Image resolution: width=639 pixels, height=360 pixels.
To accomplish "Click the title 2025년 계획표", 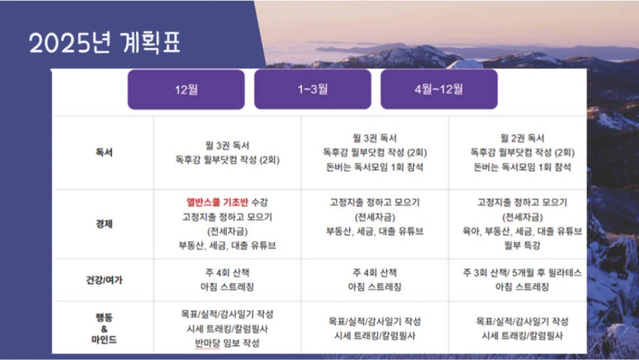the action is [x=104, y=43].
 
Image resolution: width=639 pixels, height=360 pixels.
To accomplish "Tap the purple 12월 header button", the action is [x=187, y=89].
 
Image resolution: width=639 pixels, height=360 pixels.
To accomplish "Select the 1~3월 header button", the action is [x=313, y=89].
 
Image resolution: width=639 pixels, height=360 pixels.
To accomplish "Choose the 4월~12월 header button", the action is [x=439, y=89].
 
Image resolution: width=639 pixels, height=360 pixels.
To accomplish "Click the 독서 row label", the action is [x=104, y=152].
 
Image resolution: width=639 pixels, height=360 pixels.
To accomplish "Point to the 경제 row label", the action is [x=104, y=224].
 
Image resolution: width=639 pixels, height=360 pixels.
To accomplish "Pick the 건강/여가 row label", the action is [x=104, y=280].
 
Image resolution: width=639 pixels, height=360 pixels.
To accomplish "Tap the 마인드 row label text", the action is [x=104, y=340].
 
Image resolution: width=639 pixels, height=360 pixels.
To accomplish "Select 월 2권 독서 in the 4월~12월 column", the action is [x=522, y=138].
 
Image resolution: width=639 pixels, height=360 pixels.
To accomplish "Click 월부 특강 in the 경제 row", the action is [x=522, y=246].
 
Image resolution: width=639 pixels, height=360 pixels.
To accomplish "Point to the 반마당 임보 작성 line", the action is [x=227, y=343].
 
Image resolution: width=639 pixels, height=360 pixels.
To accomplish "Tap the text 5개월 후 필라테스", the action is [x=546, y=273].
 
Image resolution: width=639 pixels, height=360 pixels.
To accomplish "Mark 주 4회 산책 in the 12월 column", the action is [x=227, y=273].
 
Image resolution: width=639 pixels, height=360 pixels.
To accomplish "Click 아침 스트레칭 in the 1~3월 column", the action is [x=374, y=287].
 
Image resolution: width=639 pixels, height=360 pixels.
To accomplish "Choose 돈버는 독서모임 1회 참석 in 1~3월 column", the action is [x=374, y=167].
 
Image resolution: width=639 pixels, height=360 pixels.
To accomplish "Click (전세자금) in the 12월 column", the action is [x=227, y=231].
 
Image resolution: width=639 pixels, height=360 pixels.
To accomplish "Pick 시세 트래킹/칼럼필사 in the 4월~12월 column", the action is [x=522, y=336].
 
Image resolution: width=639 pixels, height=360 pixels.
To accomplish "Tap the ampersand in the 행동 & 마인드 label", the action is [x=104, y=328].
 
